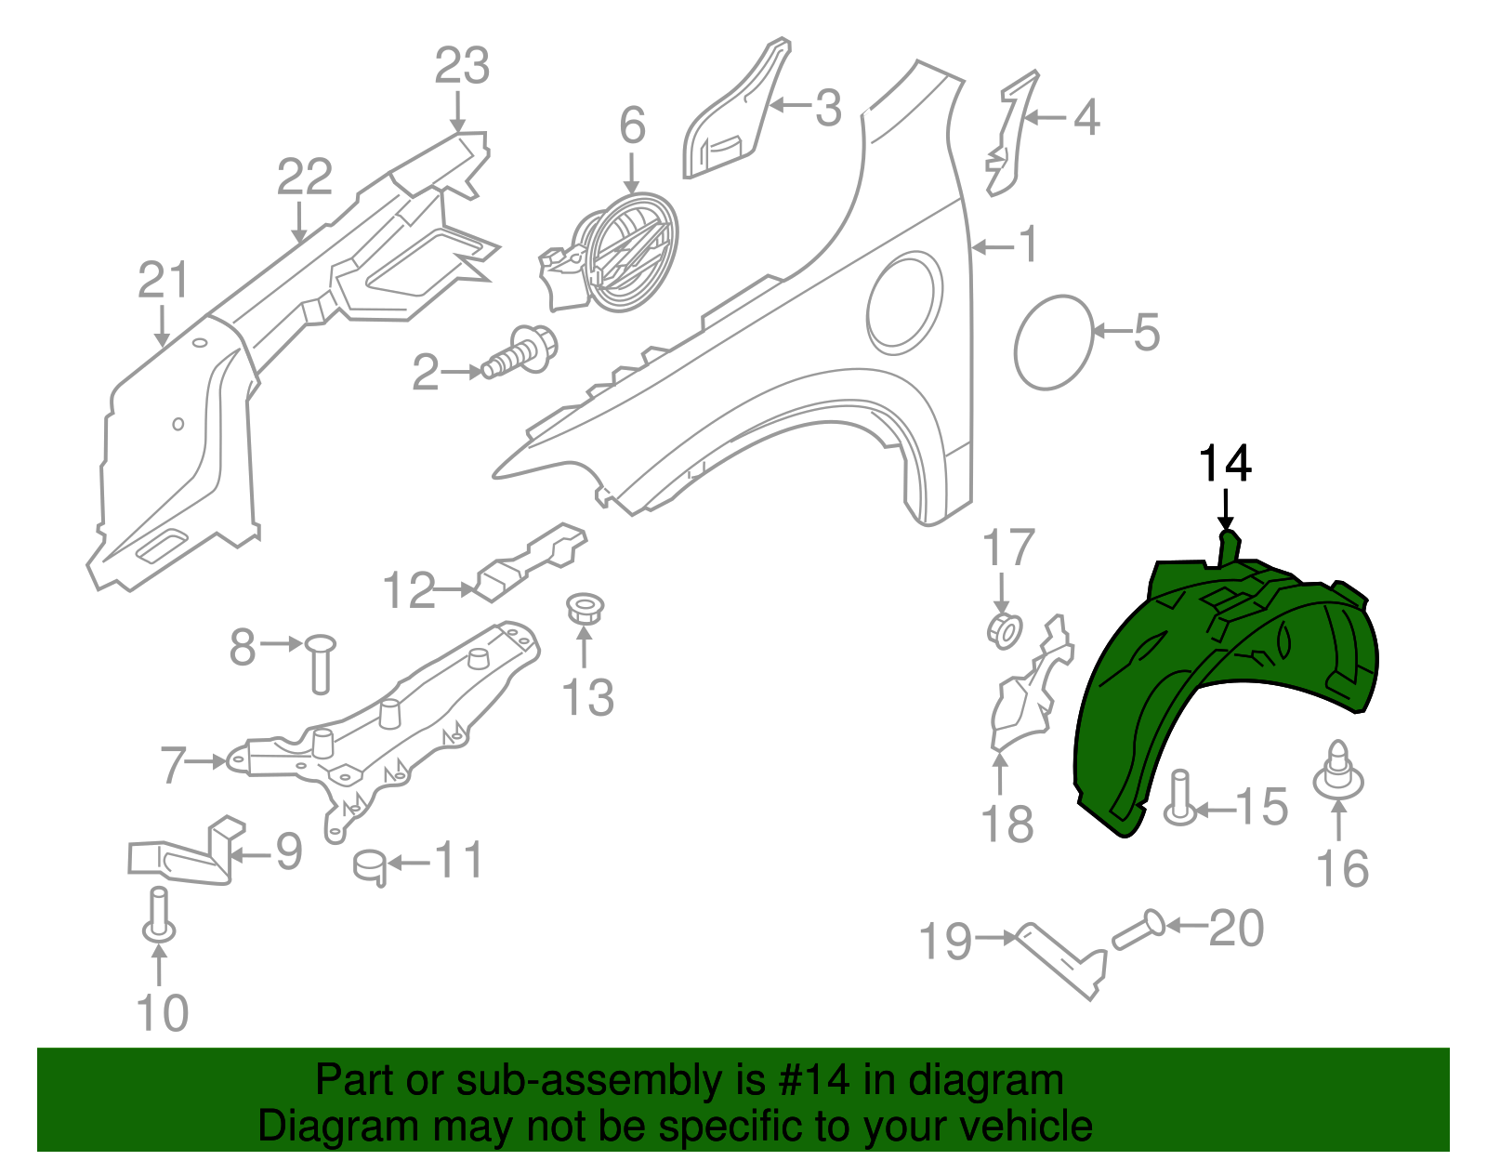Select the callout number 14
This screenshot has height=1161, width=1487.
[x=1225, y=464]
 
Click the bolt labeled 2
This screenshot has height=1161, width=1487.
[x=520, y=352]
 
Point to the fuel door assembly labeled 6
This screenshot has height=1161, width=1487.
[x=612, y=252]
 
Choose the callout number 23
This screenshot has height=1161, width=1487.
[x=463, y=66]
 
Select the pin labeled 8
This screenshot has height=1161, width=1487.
[x=320, y=664]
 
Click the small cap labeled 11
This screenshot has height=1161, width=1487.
[x=370, y=867]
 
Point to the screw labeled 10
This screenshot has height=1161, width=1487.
[x=159, y=914]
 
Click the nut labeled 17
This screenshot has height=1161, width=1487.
[x=1005, y=630]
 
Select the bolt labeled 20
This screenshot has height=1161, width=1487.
[x=1138, y=930]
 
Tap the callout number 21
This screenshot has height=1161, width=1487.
[x=163, y=281]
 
